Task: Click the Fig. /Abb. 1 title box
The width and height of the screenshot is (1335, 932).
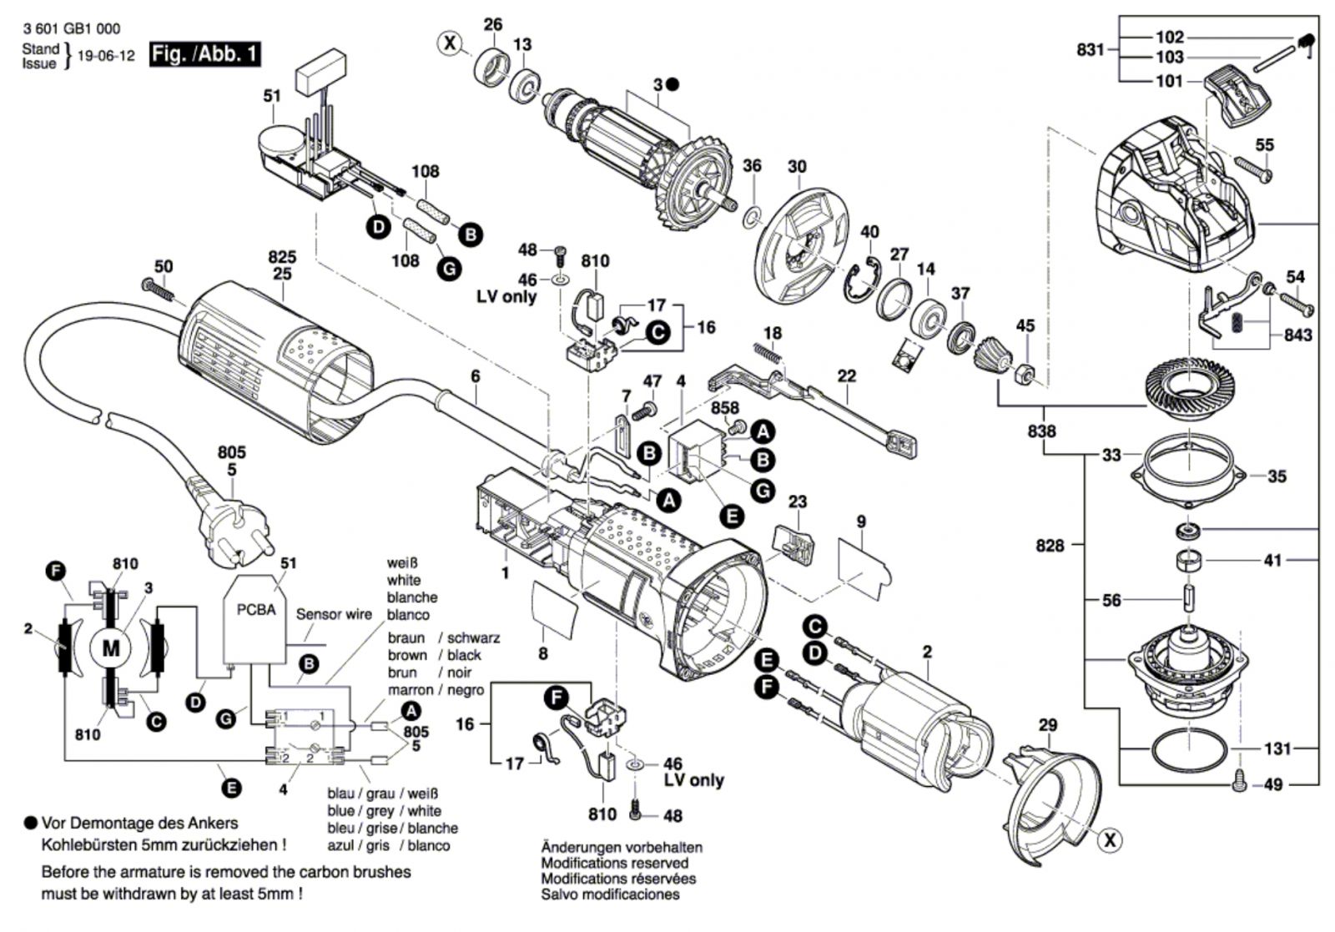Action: (204, 55)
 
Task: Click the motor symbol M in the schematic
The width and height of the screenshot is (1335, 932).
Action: (111, 647)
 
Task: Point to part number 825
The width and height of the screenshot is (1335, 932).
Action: (282, 256)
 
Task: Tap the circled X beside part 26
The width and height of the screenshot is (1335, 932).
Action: (451, 43)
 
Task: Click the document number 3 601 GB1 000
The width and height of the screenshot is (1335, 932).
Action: (72, 29)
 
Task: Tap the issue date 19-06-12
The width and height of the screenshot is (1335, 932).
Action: (105, 57)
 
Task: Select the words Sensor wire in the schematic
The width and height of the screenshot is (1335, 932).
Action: (334, 614)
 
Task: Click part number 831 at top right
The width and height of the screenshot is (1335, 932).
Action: (1090, 50)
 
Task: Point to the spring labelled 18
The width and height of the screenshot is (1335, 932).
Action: (768, 353)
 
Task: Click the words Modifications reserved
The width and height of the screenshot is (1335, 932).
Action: (615, 863)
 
